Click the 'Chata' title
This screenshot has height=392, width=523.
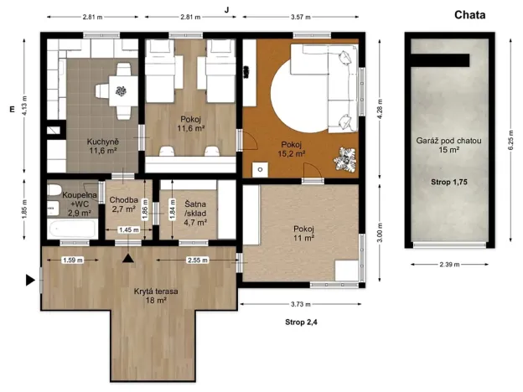[x=469, y=15]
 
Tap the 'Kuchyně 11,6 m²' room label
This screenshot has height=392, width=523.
[x=103, y=146]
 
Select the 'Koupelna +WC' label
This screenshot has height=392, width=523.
[x=80, y=199]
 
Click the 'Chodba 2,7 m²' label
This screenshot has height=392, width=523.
[x=123, y=204]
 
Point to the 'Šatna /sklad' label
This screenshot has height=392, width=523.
[x=195, y=209]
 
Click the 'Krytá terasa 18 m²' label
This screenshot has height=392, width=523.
[x=156, y=296]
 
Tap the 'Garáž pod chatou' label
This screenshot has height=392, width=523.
[x=448, y=141]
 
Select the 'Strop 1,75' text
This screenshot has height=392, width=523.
[x=449, y=182]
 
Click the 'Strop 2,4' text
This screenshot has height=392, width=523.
[x=301, y=322]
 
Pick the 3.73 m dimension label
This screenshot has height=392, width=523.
[x=301, y=304]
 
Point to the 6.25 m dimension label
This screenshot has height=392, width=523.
[x=510, y=140]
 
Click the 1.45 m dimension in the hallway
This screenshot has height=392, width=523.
[x=129, y=230]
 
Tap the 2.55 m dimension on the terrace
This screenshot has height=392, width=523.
[x=198, y=260]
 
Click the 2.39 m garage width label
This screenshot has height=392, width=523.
[x=449, y=265]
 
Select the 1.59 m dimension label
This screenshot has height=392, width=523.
[x=73, y=260]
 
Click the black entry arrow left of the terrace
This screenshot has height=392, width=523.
[x=30, y=281]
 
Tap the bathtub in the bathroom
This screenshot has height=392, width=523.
[x=72, y=229]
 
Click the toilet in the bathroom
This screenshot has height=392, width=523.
[x=54, y=191]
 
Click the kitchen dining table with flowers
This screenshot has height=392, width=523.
[x=120, y=90]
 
